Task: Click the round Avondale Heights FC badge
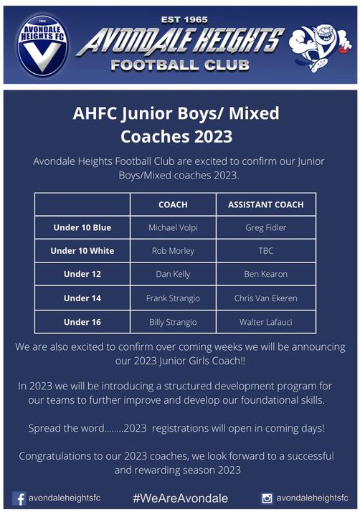pos(42,45)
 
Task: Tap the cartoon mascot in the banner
pos(320,46)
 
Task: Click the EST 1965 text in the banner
pos(184,20)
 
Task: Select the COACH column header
pos(173,205)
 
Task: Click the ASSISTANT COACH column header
pos(265,205)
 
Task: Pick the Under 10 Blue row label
pos(82,227)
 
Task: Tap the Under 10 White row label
pos(82,251)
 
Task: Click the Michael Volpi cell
pos(173,227)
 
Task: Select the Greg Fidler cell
pos(265,227)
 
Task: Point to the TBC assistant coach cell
pos(265,251)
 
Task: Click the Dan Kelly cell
pos(173,274)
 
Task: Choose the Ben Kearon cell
pos(265,274)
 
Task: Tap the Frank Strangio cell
pos(173,298)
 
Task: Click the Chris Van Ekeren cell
pos(265,298)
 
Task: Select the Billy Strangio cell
pos(173,322)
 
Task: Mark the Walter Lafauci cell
pos(265,322)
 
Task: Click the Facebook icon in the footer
pos(19,498)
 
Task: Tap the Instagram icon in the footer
pos(267,498)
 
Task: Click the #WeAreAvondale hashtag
pos(180,498)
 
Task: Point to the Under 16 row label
pos(82,322)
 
